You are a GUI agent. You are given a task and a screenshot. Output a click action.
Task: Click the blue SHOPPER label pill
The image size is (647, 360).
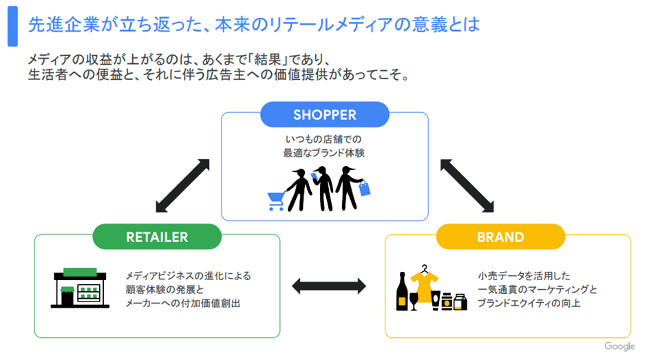click(x=325, y=114)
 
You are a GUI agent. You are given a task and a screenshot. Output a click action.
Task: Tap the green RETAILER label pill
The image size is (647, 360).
click(x=157, y=237)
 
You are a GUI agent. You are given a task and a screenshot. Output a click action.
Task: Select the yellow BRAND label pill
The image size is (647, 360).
click(x=500, y=237)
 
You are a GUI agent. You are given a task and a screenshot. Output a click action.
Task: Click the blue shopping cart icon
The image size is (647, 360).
click(x=276, y=200)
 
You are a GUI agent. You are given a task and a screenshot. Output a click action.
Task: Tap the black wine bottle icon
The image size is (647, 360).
click(x=401, y=292)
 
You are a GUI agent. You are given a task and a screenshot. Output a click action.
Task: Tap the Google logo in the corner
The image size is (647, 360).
click(x=619, y=346)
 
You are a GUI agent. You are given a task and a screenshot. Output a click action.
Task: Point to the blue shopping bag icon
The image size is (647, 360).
click(x=364, y=189)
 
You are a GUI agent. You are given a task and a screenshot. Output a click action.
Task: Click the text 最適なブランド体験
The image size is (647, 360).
click(x=323, y=153)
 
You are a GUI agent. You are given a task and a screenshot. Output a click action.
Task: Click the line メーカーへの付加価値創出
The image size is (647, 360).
click(x=183, y=303)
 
